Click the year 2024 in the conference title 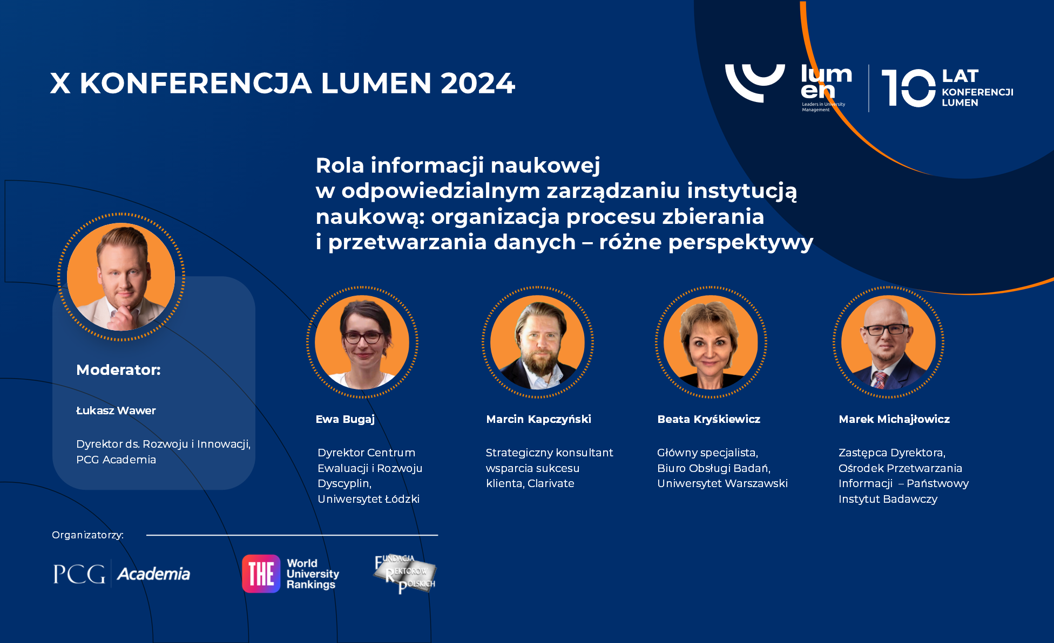(478, 83)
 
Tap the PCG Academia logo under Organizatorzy (121, 573)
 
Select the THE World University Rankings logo (290, 573)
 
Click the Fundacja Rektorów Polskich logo (405, 574)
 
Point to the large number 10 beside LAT (909, 88)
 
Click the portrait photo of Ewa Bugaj (362, 342)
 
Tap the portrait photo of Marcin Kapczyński (538, 342)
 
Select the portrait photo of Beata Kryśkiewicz (711, 342)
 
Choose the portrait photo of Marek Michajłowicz (888, 342)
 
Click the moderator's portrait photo (121, 277)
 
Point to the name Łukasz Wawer (116, 411)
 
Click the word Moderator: (119, 370)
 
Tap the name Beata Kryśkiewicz (709, 419)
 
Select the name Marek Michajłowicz (894, 419)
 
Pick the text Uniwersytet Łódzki (368, 499)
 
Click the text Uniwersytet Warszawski (722, 483)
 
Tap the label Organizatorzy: (88, 535)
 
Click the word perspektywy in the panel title (741, 243)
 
